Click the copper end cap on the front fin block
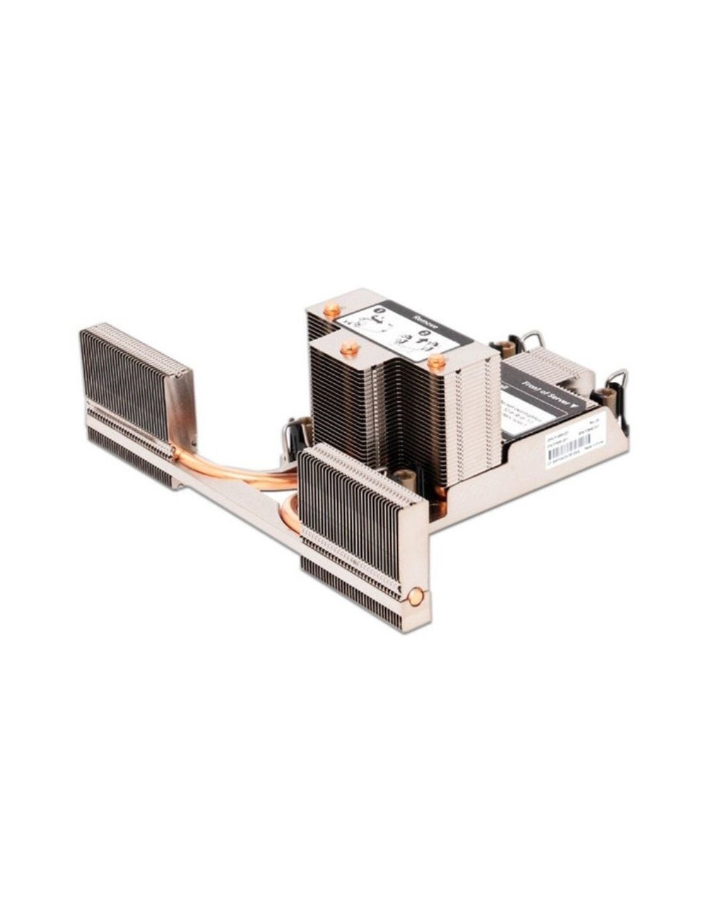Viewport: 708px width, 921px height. point(416,597)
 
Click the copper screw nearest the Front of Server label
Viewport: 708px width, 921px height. point(437,361)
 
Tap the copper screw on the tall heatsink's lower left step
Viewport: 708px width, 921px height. point(348,348)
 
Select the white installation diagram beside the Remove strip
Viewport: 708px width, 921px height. point(382,336)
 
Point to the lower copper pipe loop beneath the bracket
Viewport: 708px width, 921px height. point(290,514)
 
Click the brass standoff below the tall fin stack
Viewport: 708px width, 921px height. point(404,479)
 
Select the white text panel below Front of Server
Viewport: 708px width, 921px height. point(524,418)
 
